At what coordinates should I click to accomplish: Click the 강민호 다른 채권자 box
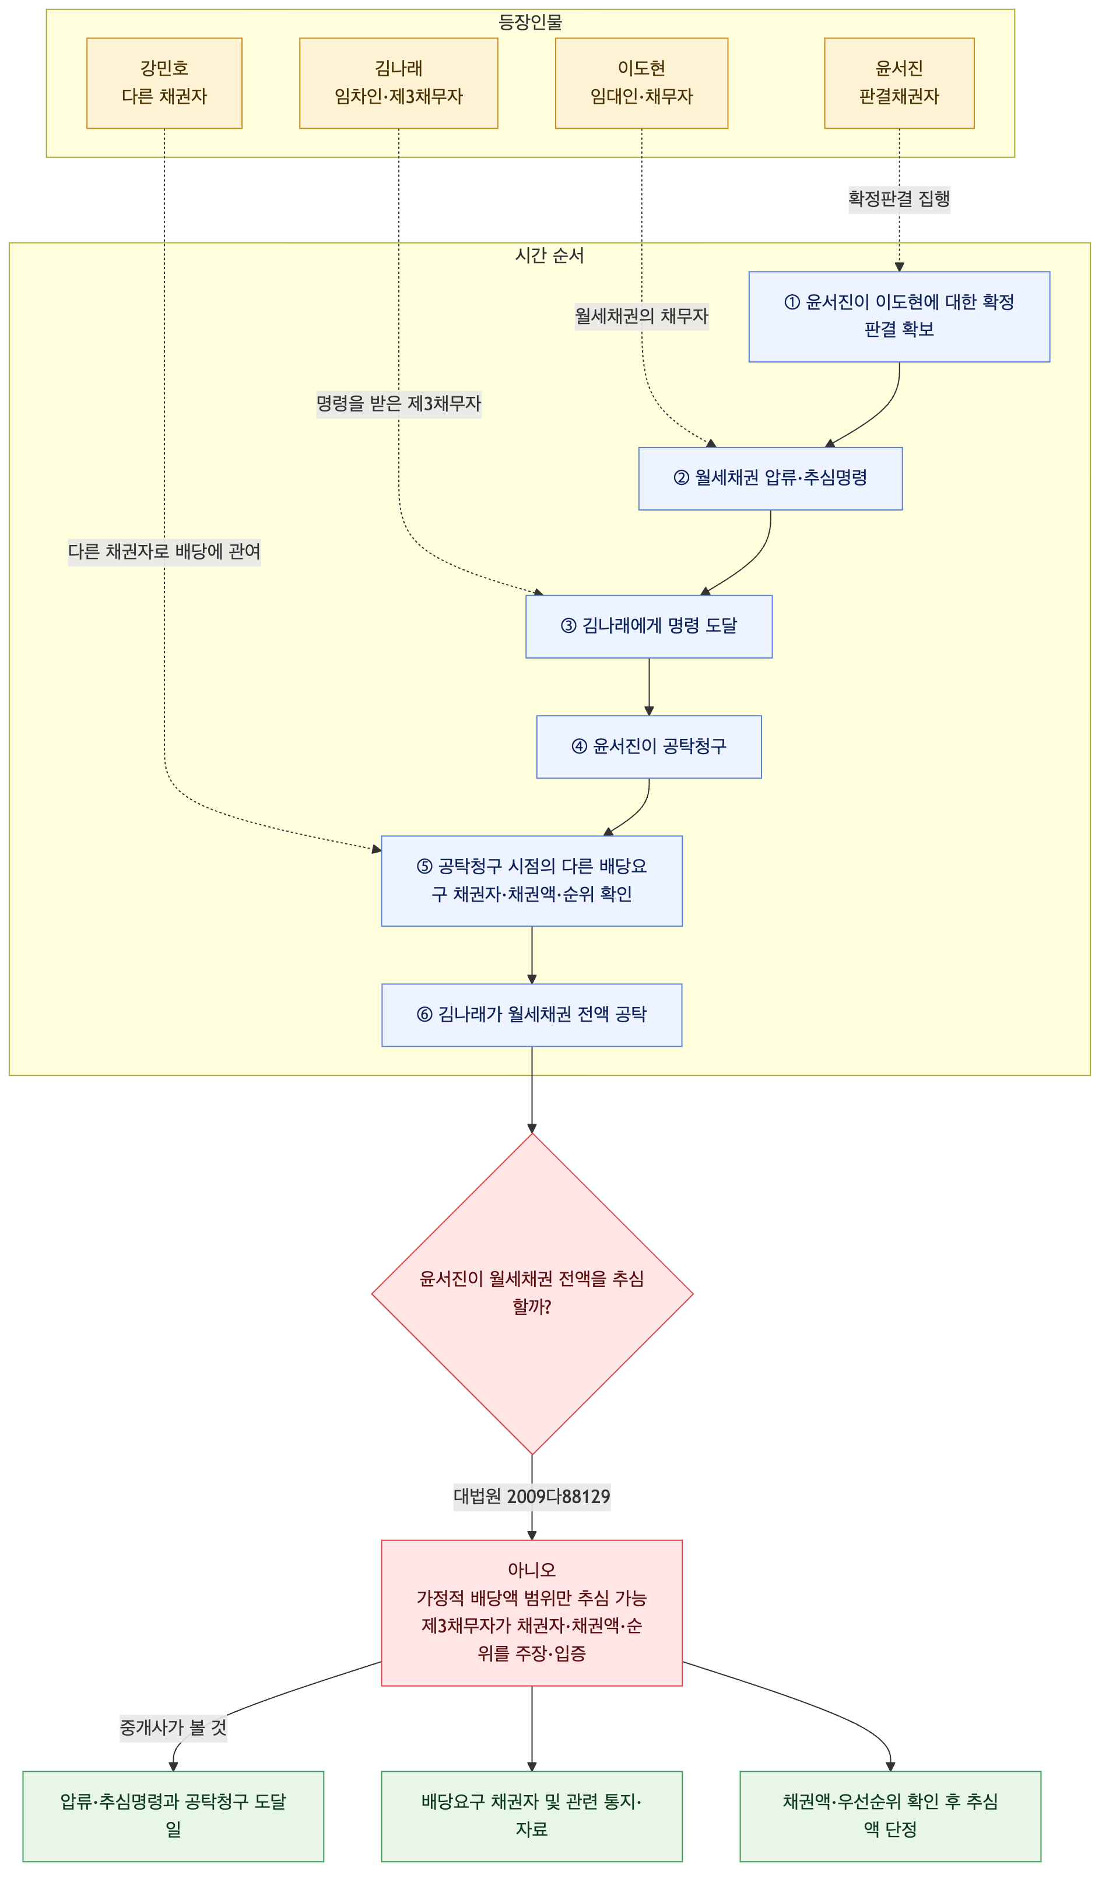tap(164, 83)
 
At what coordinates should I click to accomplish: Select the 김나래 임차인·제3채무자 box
tap(398, 83)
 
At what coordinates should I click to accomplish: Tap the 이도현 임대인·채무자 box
tap(642, 83)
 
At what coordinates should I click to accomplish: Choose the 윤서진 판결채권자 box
tap(899, 83)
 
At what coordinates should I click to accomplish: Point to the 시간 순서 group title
tap(550, 256)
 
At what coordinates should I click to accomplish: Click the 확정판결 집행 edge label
tap(899, 199)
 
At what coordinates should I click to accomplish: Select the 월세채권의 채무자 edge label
tap(642, 316)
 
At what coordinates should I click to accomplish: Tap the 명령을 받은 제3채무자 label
tap(398, 404)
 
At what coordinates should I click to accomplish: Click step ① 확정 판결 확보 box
tap(899, 316)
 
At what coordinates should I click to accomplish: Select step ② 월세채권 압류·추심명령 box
tap(771, 478)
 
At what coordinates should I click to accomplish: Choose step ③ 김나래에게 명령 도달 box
tap(649, 627)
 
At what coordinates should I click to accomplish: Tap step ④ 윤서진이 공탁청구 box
tap(649, 747)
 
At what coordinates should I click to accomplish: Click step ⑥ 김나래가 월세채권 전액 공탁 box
tap(532, 1015)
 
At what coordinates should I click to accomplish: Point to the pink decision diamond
tap(532, 1294)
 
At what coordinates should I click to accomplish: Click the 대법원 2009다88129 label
tap(532, 1497)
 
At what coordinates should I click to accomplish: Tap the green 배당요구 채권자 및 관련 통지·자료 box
tap(532, 1817)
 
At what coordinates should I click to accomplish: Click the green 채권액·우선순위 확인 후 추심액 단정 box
tap(890, 1817)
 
